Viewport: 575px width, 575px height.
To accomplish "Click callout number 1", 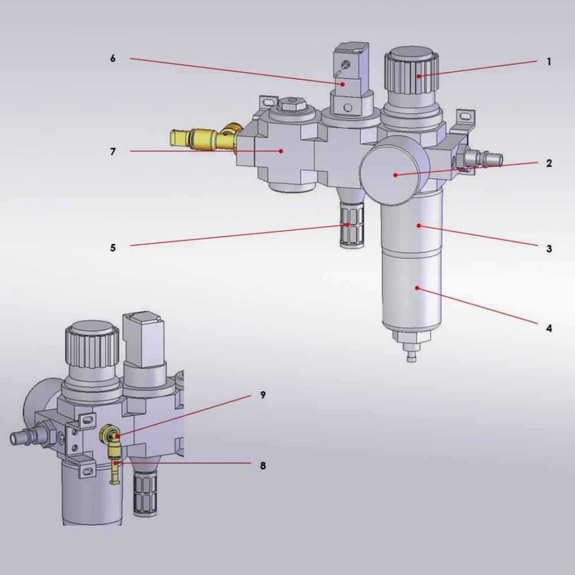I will pyautogui.click(x=549, y=62).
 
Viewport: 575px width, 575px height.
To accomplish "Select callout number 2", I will pyautogui.click(x=549, y=163).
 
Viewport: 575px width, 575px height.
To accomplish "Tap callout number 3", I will pyautogui.click(x=549, y=248).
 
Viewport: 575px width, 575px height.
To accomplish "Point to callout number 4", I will pyautogui.click(x=549, y=328).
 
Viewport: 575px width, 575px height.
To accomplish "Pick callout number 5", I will pyautogui.click(x=113, y=248).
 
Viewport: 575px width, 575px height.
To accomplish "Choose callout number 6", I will pyautogui.click(x=113, y=59).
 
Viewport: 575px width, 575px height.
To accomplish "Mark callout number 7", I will pyautogui.click(x=113, y=152).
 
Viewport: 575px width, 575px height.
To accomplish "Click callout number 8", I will pyautogui.click(x=263, y=466).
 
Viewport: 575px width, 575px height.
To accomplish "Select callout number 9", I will pyautogui.click(x=263, y=396).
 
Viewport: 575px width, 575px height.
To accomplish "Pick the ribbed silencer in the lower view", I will pyautogui.click(x=144, y=492).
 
